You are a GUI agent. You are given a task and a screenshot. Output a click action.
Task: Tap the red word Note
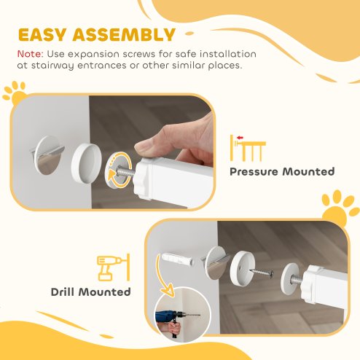pyautogui.click(x=30, y=54)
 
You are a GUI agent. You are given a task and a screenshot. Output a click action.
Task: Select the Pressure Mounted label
pyautogui.click(x=282, y=172)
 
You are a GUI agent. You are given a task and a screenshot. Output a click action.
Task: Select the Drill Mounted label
pyautogui.click(x=91, y=292)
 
